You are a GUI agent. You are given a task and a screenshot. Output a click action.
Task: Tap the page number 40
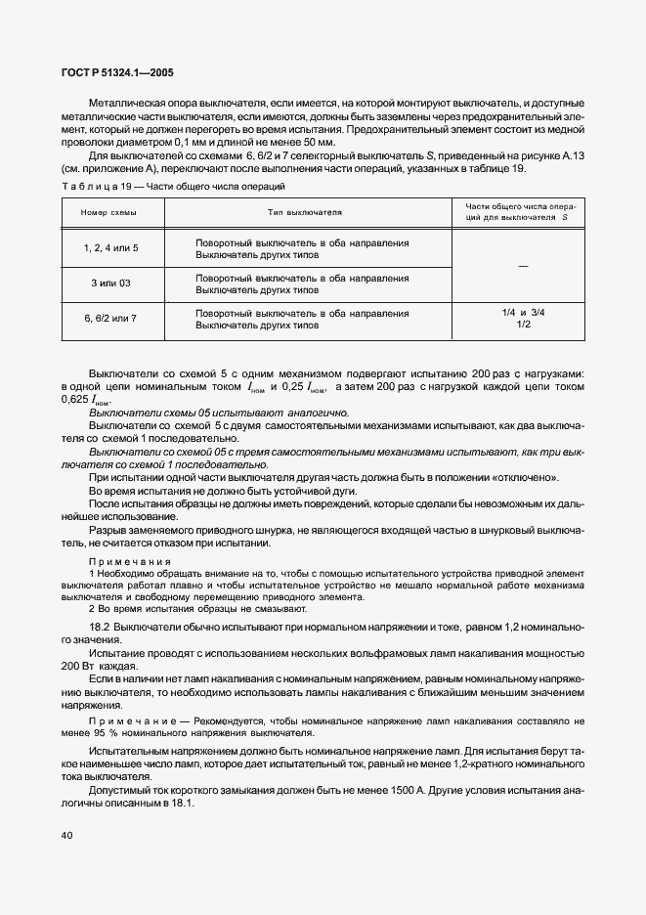click(x=66, y=835)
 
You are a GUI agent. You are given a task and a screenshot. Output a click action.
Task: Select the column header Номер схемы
click(x=109, y=212)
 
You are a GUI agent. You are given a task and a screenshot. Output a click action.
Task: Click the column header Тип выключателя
click(x=304, y=212)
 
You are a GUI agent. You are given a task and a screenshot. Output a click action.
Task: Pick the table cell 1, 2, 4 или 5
click(x=111, y=248)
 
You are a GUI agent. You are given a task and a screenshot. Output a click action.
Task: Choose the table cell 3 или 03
click(x=111, y=283)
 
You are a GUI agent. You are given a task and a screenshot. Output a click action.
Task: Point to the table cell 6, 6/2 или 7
click(x=111, y=319)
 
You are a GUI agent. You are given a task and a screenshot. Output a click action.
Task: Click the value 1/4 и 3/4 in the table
click(x=523, y=313)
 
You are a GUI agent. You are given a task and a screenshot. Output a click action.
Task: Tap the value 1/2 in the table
click(x=523, y=325)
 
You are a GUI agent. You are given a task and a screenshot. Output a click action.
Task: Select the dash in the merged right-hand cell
click(x=523, y=266)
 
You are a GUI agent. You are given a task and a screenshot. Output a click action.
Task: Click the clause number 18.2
click(x=99, y=624)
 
